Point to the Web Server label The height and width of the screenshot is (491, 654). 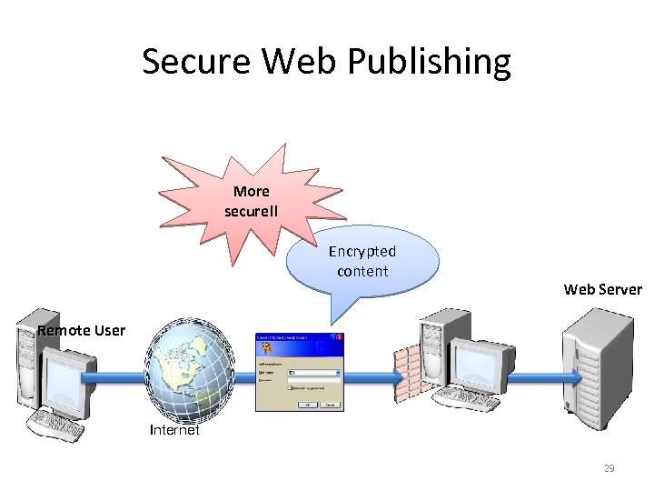pyautogui.click(x=602, y=290)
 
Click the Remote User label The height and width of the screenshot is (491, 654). pyautogui.click(x=81, y=330)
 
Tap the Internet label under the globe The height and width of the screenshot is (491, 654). pyautogui.click(x=174, y=431)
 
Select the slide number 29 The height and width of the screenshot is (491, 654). pyautogui.click(x=609, y=468)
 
